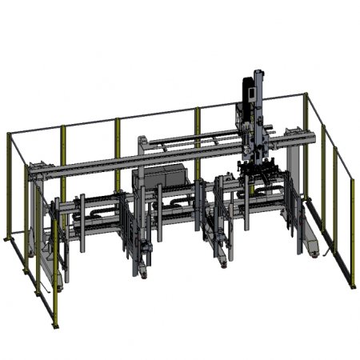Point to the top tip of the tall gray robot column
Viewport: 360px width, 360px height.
pos(258,73)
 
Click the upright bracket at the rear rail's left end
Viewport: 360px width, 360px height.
pos(141,145)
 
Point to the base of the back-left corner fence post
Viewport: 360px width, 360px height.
pos(9,238)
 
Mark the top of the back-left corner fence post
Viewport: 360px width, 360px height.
pos(8,134)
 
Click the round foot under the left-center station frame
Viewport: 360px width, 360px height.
pos(143,273)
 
